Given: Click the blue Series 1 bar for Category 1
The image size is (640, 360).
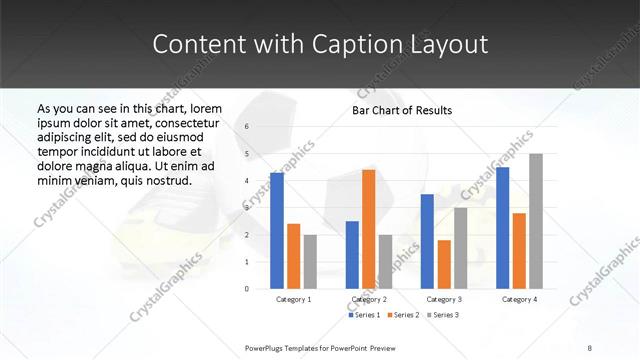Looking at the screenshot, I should (277, 230).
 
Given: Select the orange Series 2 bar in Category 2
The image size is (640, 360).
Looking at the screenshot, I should (368, 229).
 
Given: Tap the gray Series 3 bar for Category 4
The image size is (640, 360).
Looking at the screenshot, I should (536, 221).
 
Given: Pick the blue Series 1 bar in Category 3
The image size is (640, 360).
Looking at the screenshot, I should (427, 241).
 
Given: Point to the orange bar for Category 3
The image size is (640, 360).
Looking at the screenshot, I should (444, 264).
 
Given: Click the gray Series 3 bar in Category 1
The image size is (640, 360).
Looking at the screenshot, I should (310, 261).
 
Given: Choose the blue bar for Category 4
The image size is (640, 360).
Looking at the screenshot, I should (502, 227).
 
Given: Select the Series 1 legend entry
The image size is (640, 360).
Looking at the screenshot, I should (363, 315).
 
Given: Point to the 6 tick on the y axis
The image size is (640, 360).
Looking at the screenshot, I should (247, 127).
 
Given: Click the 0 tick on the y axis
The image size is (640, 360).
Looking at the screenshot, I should (247, 288).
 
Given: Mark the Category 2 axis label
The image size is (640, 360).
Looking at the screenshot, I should (369, 299).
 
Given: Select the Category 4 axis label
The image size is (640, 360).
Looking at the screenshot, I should (519, 299).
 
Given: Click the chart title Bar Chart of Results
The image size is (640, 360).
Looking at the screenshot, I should (402, 110).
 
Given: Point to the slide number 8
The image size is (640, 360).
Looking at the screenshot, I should (589, 347).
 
